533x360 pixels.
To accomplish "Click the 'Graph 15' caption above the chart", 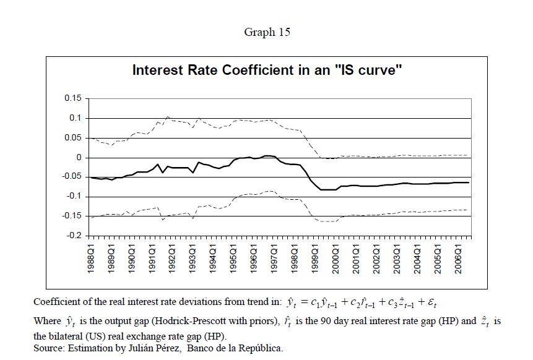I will coord(267,33).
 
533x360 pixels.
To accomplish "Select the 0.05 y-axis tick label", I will coord(73,138).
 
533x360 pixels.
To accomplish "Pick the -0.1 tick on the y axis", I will coord(74,197).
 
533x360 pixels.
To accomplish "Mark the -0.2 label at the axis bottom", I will coord(74,236).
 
